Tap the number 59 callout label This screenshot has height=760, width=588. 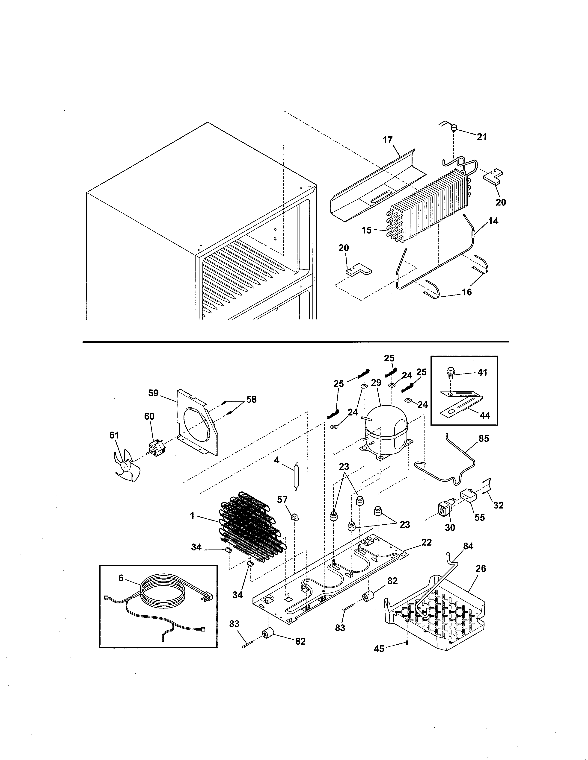click(x=153, y=393)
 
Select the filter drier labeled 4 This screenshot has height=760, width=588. click(x=296, y=477)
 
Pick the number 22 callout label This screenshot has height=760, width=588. click(x=426, y=542)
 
